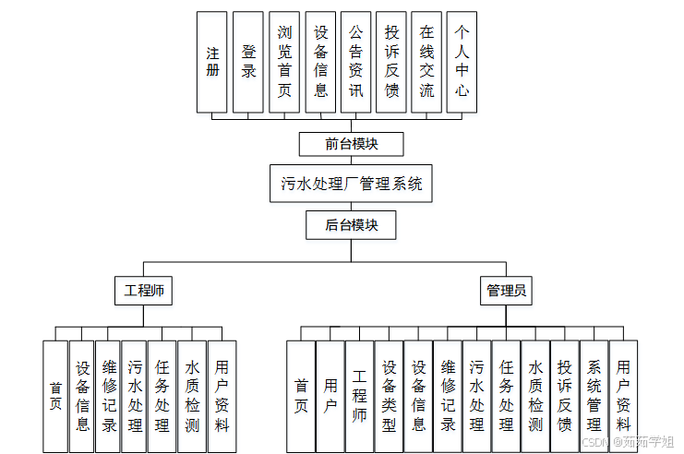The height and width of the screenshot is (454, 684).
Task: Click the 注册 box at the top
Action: pyautogui.click(x=212, y=62)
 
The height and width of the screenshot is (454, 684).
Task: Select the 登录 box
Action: pyautogui.click(x=248, y=62)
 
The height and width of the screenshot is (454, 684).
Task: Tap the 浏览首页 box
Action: pyautogui.click(x=284, y=62)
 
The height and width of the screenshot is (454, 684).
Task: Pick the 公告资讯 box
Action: pyautogui.click(x=355, y=62)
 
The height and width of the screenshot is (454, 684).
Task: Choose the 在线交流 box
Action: pyautogui.click(x=426, y=62)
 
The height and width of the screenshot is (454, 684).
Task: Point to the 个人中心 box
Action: pyautogui.click(x=462, y=62)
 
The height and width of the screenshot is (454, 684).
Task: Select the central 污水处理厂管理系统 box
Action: pyautogui.click(x=352, y=184)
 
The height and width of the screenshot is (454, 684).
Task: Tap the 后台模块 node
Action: pyautogui.click(x=352, y=224)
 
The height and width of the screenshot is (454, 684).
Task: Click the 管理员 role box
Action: pyautogui.click(x=507, y=291)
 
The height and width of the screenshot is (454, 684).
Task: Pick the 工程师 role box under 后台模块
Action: pyautogui.click(x=144, y=291)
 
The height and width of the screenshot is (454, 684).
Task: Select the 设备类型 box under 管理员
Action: pyautogui.click(x=389, y=396)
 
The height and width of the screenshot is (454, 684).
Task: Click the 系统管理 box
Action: pyautogui.click(x=594, y=396)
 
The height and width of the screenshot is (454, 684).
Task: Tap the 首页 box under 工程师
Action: pyautogui.click(x=55, y=396)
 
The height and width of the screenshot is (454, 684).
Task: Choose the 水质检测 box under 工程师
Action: pyautogui.click(x=192, y=396)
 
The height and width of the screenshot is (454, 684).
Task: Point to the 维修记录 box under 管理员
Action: pyautogui.click(x=448, y=396)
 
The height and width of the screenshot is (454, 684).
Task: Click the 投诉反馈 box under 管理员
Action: pyautogui.click(x=565, y=396)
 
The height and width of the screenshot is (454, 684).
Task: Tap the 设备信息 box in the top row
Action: pyautogui.click(x=320, y=62)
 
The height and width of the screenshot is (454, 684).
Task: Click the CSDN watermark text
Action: pyautogui.click(x=597, y=442)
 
